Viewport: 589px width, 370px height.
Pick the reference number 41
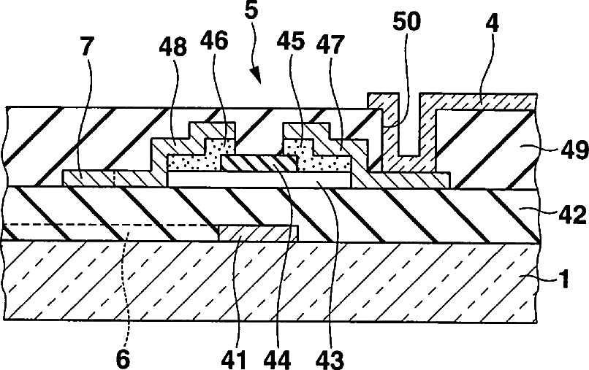[x=235, y=358]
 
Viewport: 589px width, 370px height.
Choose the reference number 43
[x=325, y=358]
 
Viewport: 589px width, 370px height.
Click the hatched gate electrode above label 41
[x=259, y=232]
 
